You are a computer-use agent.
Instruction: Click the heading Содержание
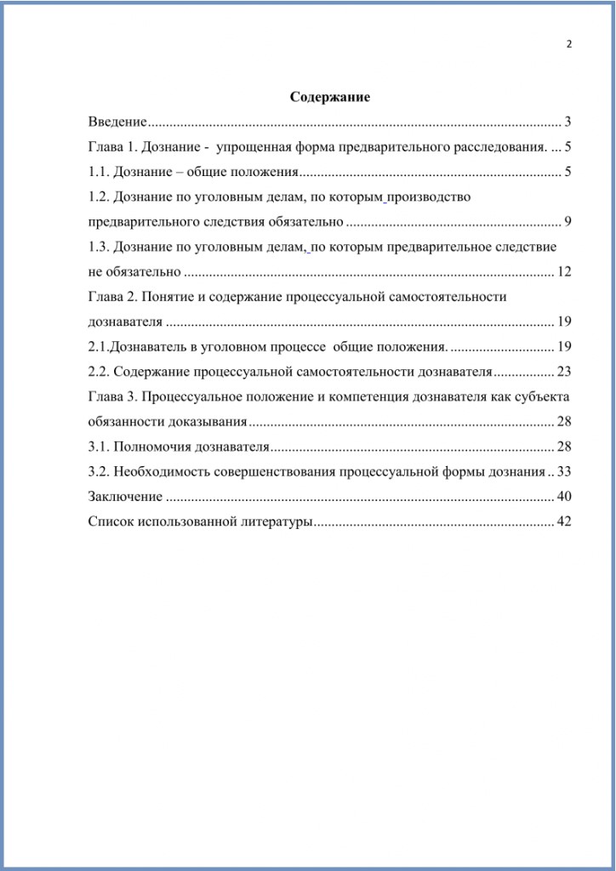pyautogui.click(x=330, y=97)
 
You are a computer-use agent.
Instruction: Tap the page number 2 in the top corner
pyautogui.click(x=568, y=44)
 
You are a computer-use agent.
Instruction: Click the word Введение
pyautogui.click(x=117, y=122)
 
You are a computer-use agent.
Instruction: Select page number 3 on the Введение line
pyautogui.click(x=567, y=122)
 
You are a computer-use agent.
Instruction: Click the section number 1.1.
pyautogui.click(x=99, y=172)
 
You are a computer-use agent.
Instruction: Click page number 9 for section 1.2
pyautogui.click(x=567, y=222)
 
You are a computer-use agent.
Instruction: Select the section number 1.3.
pyautogui.click(x=99, y=247)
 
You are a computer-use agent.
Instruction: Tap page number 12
pyautogui.click(x=563, y=272)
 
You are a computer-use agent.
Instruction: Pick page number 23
pyautogui.click(x=563, y=372)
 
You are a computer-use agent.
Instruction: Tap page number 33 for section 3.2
pyautogui.click(x=563, y=471)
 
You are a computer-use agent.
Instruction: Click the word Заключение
pyautogui.click(x=125, y=497)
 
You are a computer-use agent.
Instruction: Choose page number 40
pyautogui.click(x=563, y=497)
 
